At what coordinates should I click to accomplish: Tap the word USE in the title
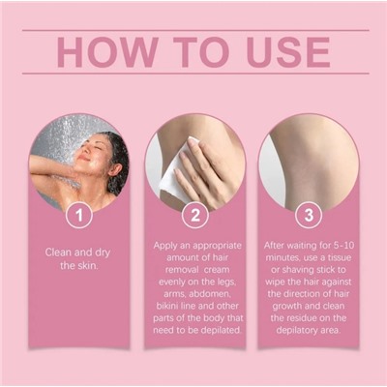[x=289, y=52]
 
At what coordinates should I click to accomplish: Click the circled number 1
[x=79, y=215]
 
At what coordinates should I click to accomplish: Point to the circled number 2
[x=195, y=215]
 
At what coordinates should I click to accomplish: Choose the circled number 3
[x=309, y=215]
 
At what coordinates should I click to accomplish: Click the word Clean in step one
[x=58, y=253]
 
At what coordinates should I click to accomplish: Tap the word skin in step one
[x=87, y=266]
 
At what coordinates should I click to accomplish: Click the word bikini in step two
[x=168, y=306]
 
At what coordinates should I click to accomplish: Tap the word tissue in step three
[x=340, y=257]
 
